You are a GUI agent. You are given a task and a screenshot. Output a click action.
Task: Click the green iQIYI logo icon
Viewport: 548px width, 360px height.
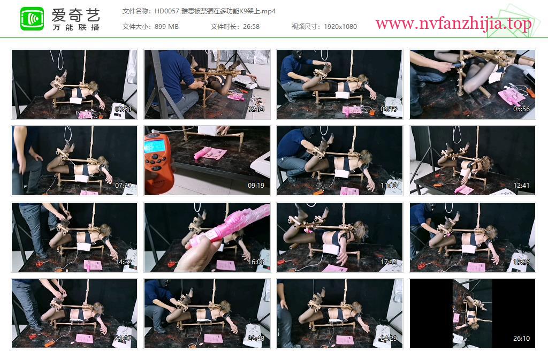[x=32, y=19]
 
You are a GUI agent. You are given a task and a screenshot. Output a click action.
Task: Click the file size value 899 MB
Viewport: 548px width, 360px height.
[x=166, y=27]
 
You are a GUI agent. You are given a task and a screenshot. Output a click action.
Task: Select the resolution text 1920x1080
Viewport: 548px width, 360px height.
[x=340, y=27]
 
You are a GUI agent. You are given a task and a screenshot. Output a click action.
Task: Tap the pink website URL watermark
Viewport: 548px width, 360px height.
[x=454, y=24]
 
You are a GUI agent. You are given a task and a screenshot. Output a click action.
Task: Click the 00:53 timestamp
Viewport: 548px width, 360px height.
[x=123, y=109]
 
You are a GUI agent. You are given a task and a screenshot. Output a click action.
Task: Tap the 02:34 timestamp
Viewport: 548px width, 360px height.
[x=256, y=109]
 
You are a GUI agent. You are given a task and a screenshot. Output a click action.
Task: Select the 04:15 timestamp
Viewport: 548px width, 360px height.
[x=389, y=109]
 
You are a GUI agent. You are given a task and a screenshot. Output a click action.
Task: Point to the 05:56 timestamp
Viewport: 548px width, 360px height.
[x=521, y=109]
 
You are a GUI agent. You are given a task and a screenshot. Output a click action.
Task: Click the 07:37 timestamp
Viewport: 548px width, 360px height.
[x=123, y=186]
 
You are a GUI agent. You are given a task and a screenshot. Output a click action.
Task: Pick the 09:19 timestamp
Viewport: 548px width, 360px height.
[x=256, y=186]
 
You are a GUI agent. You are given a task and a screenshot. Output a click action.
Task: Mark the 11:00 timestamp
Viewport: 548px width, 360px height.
[x=389, y=186]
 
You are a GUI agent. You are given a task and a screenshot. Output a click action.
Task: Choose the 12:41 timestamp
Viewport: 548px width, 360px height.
[x=521, y=186]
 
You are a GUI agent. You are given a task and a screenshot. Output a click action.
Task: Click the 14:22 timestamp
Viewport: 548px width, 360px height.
[x=123, y=262]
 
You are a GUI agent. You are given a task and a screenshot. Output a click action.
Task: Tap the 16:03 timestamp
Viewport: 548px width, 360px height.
[x=256, y=262]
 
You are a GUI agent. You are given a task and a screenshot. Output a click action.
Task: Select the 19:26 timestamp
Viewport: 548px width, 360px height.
[x=521, y=262]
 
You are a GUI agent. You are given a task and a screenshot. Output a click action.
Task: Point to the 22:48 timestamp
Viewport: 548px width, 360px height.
[x=256, y=339]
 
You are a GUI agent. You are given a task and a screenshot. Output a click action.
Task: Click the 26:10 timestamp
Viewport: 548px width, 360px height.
[x=521, y=339]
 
